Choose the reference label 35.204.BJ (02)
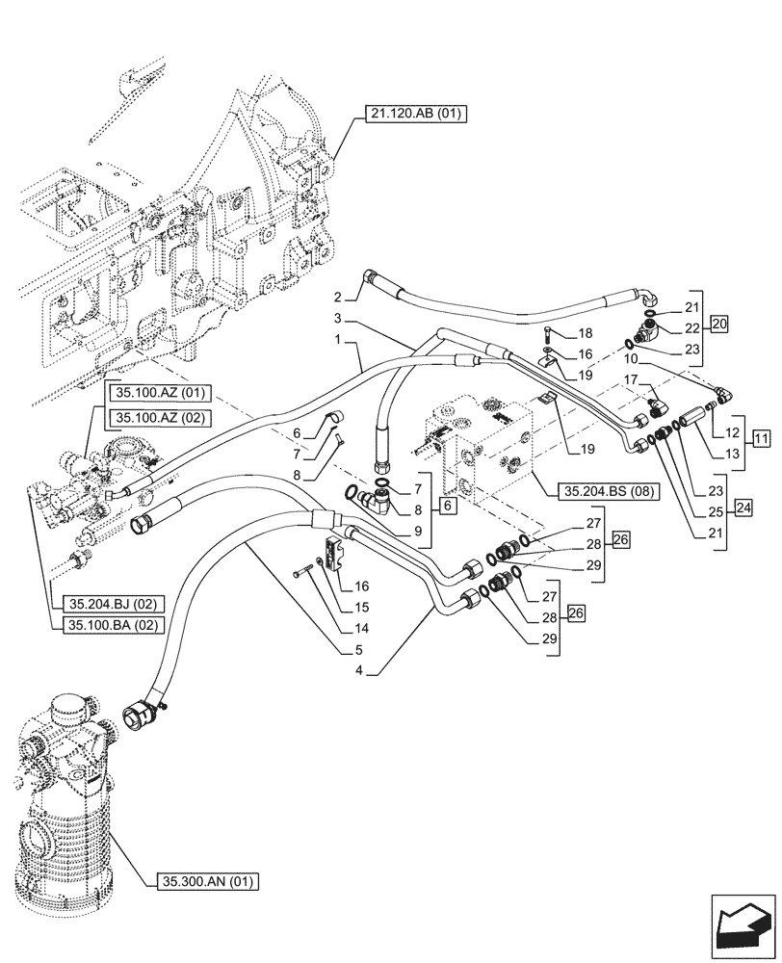pos(112,604)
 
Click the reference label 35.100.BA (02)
pos(112,625)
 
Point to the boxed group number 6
pos(448,503)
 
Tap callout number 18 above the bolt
pos(585,332)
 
